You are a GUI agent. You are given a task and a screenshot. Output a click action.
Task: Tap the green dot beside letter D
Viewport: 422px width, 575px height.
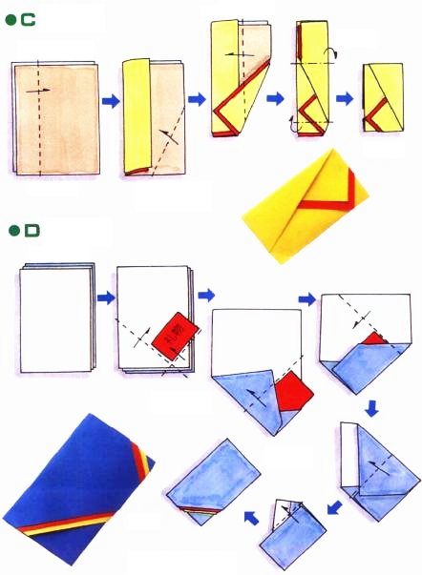12,231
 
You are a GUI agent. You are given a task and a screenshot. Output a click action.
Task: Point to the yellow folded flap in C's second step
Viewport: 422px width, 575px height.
138,114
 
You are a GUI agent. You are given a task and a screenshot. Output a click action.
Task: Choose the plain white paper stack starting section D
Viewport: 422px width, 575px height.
55,320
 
